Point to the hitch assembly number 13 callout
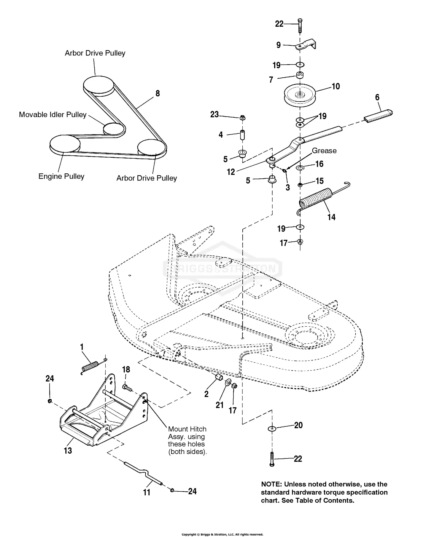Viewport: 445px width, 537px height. tap(68, 450)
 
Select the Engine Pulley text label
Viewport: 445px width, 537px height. tap(61, 176)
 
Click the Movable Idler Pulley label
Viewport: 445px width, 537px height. tap(53, 115)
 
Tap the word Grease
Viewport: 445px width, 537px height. tap(324, 151)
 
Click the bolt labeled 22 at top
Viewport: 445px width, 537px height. tap(300, 25)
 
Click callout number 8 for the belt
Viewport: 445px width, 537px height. tap(158, 93)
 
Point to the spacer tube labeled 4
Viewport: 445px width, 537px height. tap(242, 135)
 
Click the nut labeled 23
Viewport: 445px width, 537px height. tap(242, 117)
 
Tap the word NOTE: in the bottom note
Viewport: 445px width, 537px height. tap(271, 484)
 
